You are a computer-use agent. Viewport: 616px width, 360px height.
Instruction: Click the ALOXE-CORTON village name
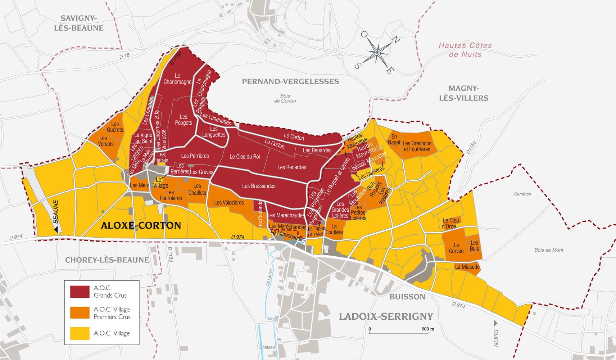pyautogui.click(x=141, y=226)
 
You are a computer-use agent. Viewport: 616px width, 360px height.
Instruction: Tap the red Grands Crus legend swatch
pyautogui.click(x=80, y=292)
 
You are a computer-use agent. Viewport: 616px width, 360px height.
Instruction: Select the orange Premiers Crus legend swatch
pyautogui.click(x=80, y=312)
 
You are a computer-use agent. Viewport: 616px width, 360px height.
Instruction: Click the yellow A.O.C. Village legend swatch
pyautogui.click(x=80, y=333)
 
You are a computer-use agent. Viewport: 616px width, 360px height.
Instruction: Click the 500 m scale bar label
pyautogui.click(x=427, y=329)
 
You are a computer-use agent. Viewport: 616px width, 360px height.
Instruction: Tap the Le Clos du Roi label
pyautogui.click(x=245, y=157)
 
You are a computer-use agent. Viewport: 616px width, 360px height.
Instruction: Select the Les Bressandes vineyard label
pyautogui.click(x=259, y=186)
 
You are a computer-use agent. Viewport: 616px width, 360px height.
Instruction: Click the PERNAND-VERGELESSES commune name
pyautogui.click(x=290, y=82)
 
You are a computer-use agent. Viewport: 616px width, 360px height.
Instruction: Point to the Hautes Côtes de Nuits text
pyautogui.click(x=465, y=50)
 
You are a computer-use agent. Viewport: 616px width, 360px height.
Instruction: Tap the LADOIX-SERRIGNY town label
pyautogui.click(x=386, y=316)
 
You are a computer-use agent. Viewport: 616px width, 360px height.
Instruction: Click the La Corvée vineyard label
pyautogui.click(x=456, y=248)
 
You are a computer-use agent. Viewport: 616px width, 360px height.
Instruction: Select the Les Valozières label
pyautogui.click(x=229, y=203)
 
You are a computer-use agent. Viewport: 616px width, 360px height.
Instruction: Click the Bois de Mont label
pyautogui.click(x=548, y=250)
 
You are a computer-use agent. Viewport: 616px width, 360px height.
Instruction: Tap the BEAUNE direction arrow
pyautogui.click(x=56, y=229)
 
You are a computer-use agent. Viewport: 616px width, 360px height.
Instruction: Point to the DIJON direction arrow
pyautogui.click(x=495, y=323)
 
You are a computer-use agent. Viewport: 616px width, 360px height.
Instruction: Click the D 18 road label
pyautogui.click(x=124, y=56)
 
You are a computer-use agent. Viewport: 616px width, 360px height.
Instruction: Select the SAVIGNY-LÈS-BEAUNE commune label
pyautogui.click(x=78, y=23)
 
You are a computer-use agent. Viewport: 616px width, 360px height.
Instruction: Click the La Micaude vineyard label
pyautogui.click(x=467, y=267)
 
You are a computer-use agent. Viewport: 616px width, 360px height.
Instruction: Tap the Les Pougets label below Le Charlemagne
pyautogui.click(x=184, y=120)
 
